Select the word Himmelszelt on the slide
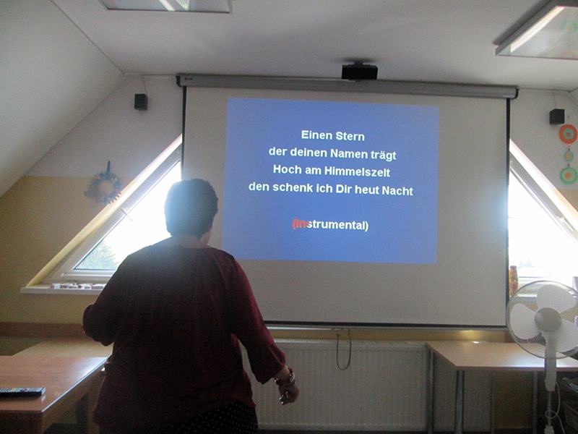click(x=357, y=171)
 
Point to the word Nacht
click(x=397, y=190)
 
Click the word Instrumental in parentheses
click(x=330, y=225)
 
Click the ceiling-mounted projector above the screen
click(x=359, y=72)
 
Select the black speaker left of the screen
click(x=141, y=102)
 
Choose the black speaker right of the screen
click(x=556, y=116)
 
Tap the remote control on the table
click(x=22, y=391)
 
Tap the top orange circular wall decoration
click(x=568, y=134)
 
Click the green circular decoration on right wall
click(x=569, y=175)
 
